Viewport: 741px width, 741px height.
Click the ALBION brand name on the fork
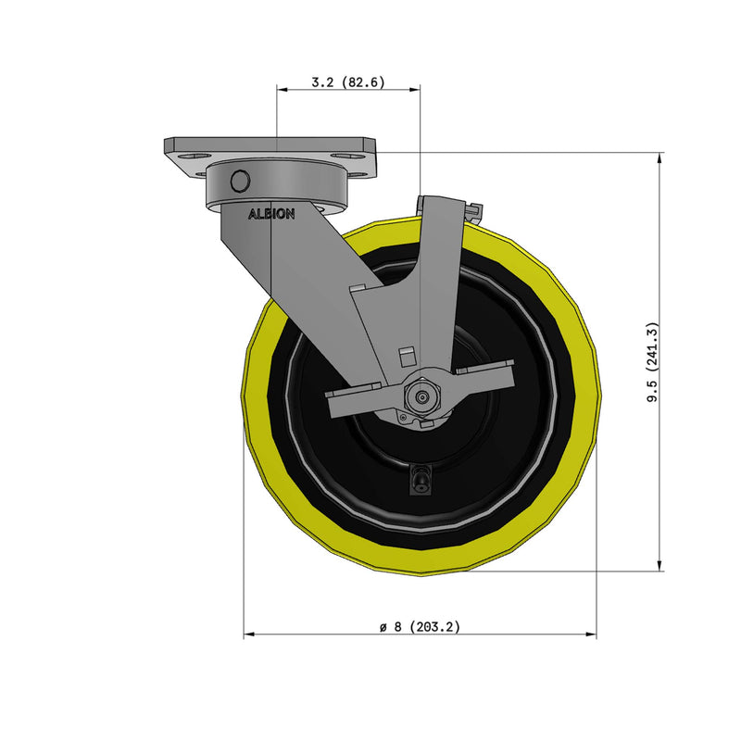click(270, 214)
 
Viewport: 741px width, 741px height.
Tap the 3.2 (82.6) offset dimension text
click(348, 82)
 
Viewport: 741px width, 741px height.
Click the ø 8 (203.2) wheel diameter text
click(420, 626)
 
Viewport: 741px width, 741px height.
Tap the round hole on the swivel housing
click(240, 182)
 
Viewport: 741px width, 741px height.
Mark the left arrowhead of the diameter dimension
click(249, 635)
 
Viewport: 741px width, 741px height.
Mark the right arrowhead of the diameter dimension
click(592, 635)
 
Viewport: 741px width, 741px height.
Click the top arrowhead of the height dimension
click(659, 158)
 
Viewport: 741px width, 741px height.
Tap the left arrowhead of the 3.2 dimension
click(283, 90)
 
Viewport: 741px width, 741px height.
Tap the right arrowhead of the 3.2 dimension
click(416, 90)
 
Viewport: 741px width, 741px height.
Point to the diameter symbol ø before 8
click(383, 627)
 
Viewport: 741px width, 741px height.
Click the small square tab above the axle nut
click(405, 356)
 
